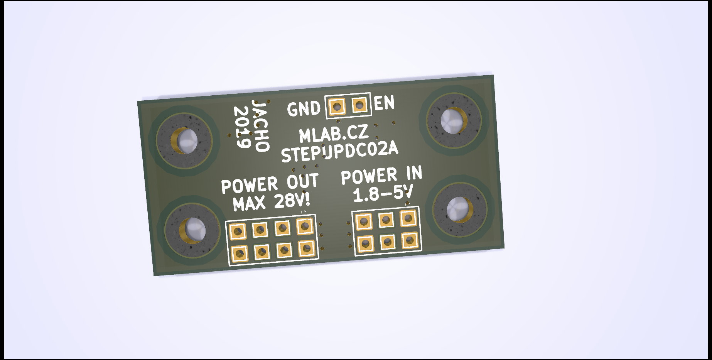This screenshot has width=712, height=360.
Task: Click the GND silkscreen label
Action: pos(304,109)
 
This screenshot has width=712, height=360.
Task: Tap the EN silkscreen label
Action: pos(384,103)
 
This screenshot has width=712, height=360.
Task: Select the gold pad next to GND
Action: pos(337,106)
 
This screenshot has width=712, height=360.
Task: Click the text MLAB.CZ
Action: pos(334,133)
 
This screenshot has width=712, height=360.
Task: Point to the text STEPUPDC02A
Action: pos(339,152)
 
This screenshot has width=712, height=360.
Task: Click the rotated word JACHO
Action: pos(260,125)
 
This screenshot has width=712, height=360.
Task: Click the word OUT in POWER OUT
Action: pos(302,182)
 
